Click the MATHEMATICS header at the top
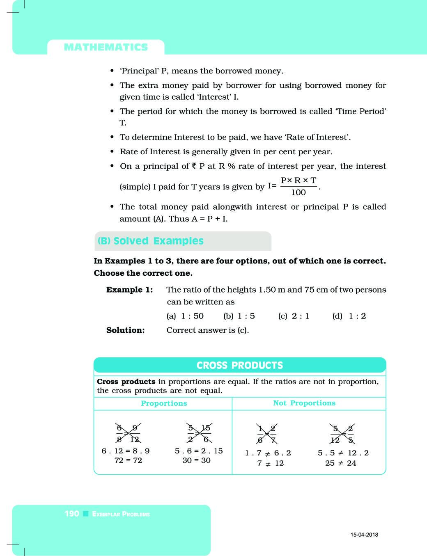pos(106,47)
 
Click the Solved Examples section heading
pos(150,241)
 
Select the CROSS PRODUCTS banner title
pos(240,365)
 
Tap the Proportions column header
pos(164,403)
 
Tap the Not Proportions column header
pos(304,403)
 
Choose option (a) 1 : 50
pos(185,316)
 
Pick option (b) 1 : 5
pos(239,316)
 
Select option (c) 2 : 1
pos(294,316)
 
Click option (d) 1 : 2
pos(349,316)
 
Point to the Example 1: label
pos(129,290)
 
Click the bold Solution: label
pos(125,330)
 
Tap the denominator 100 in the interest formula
pos(298,192)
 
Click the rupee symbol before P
pos(194,166)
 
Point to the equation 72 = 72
pos(128,460)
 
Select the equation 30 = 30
pos(196,460)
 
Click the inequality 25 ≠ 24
pos(341,463)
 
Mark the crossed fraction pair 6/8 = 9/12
pos(128,433)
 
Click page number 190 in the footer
pos(72,514)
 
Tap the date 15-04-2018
pos(364,535)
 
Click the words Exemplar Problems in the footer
pos(121,514)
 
